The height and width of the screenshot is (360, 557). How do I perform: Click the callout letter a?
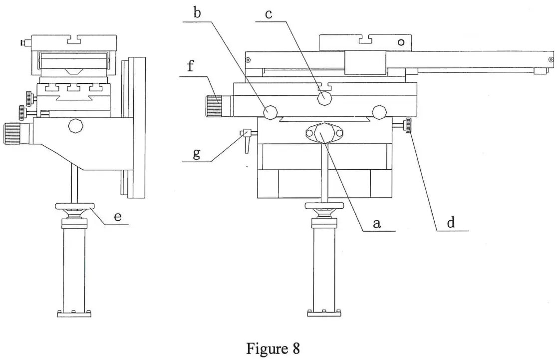377,224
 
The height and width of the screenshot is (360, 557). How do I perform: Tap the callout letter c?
269,13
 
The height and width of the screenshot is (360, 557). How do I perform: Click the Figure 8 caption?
273,348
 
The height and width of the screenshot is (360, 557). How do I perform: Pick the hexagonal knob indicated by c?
325,98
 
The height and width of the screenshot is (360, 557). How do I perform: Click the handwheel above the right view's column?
325,207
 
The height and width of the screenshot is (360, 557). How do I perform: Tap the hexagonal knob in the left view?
76,125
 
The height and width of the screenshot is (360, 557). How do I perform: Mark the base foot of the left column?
74,314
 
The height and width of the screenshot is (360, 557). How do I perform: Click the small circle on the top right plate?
401,43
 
